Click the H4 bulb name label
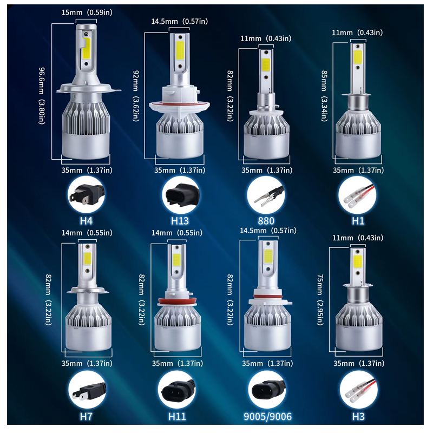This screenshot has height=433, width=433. click(86, 221)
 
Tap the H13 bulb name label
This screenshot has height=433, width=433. click(180, 221)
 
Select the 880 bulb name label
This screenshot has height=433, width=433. click(266, 221)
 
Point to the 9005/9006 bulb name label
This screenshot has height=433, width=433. click(267, 416)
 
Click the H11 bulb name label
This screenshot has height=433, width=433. click(177, 416)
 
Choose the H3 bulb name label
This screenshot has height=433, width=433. click(358, 416)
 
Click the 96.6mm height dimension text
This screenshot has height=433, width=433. click(42, 96)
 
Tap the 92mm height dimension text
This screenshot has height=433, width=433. click(136, 96)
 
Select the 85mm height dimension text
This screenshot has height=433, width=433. click(324, 96)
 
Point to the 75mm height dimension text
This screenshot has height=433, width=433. click(320, 300)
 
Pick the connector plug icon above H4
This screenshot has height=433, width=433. click(86, 194)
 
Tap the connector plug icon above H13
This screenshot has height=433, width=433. click(181, 194)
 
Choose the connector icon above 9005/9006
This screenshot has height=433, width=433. click(267, 389)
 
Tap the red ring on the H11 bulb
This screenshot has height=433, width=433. click(178, 301)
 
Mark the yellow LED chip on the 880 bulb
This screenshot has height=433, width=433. click(266, 64)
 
